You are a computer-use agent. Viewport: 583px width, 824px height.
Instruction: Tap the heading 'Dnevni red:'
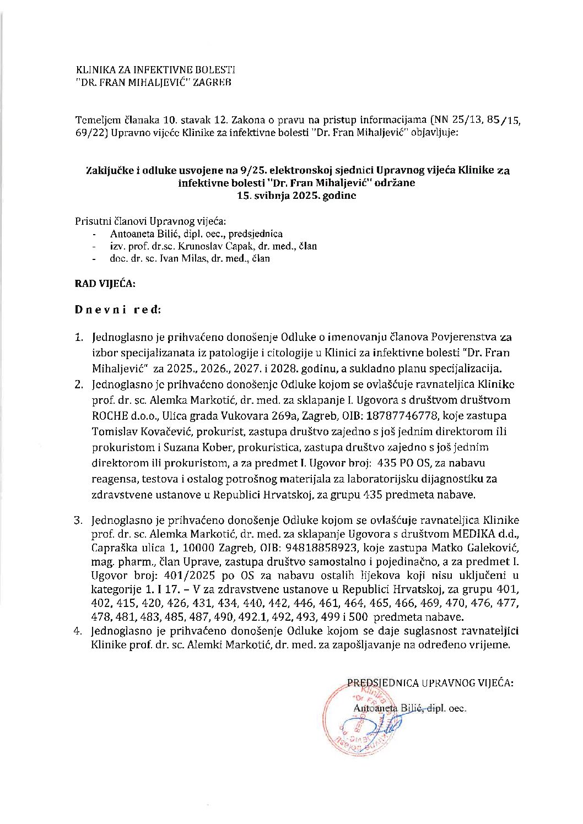click(118, 310)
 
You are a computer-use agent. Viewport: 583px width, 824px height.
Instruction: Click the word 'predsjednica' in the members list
click(257, 234)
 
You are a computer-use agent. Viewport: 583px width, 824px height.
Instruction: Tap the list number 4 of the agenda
click(80, 631)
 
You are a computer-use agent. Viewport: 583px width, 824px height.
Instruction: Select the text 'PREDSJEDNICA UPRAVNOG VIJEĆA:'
click(429, 683)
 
